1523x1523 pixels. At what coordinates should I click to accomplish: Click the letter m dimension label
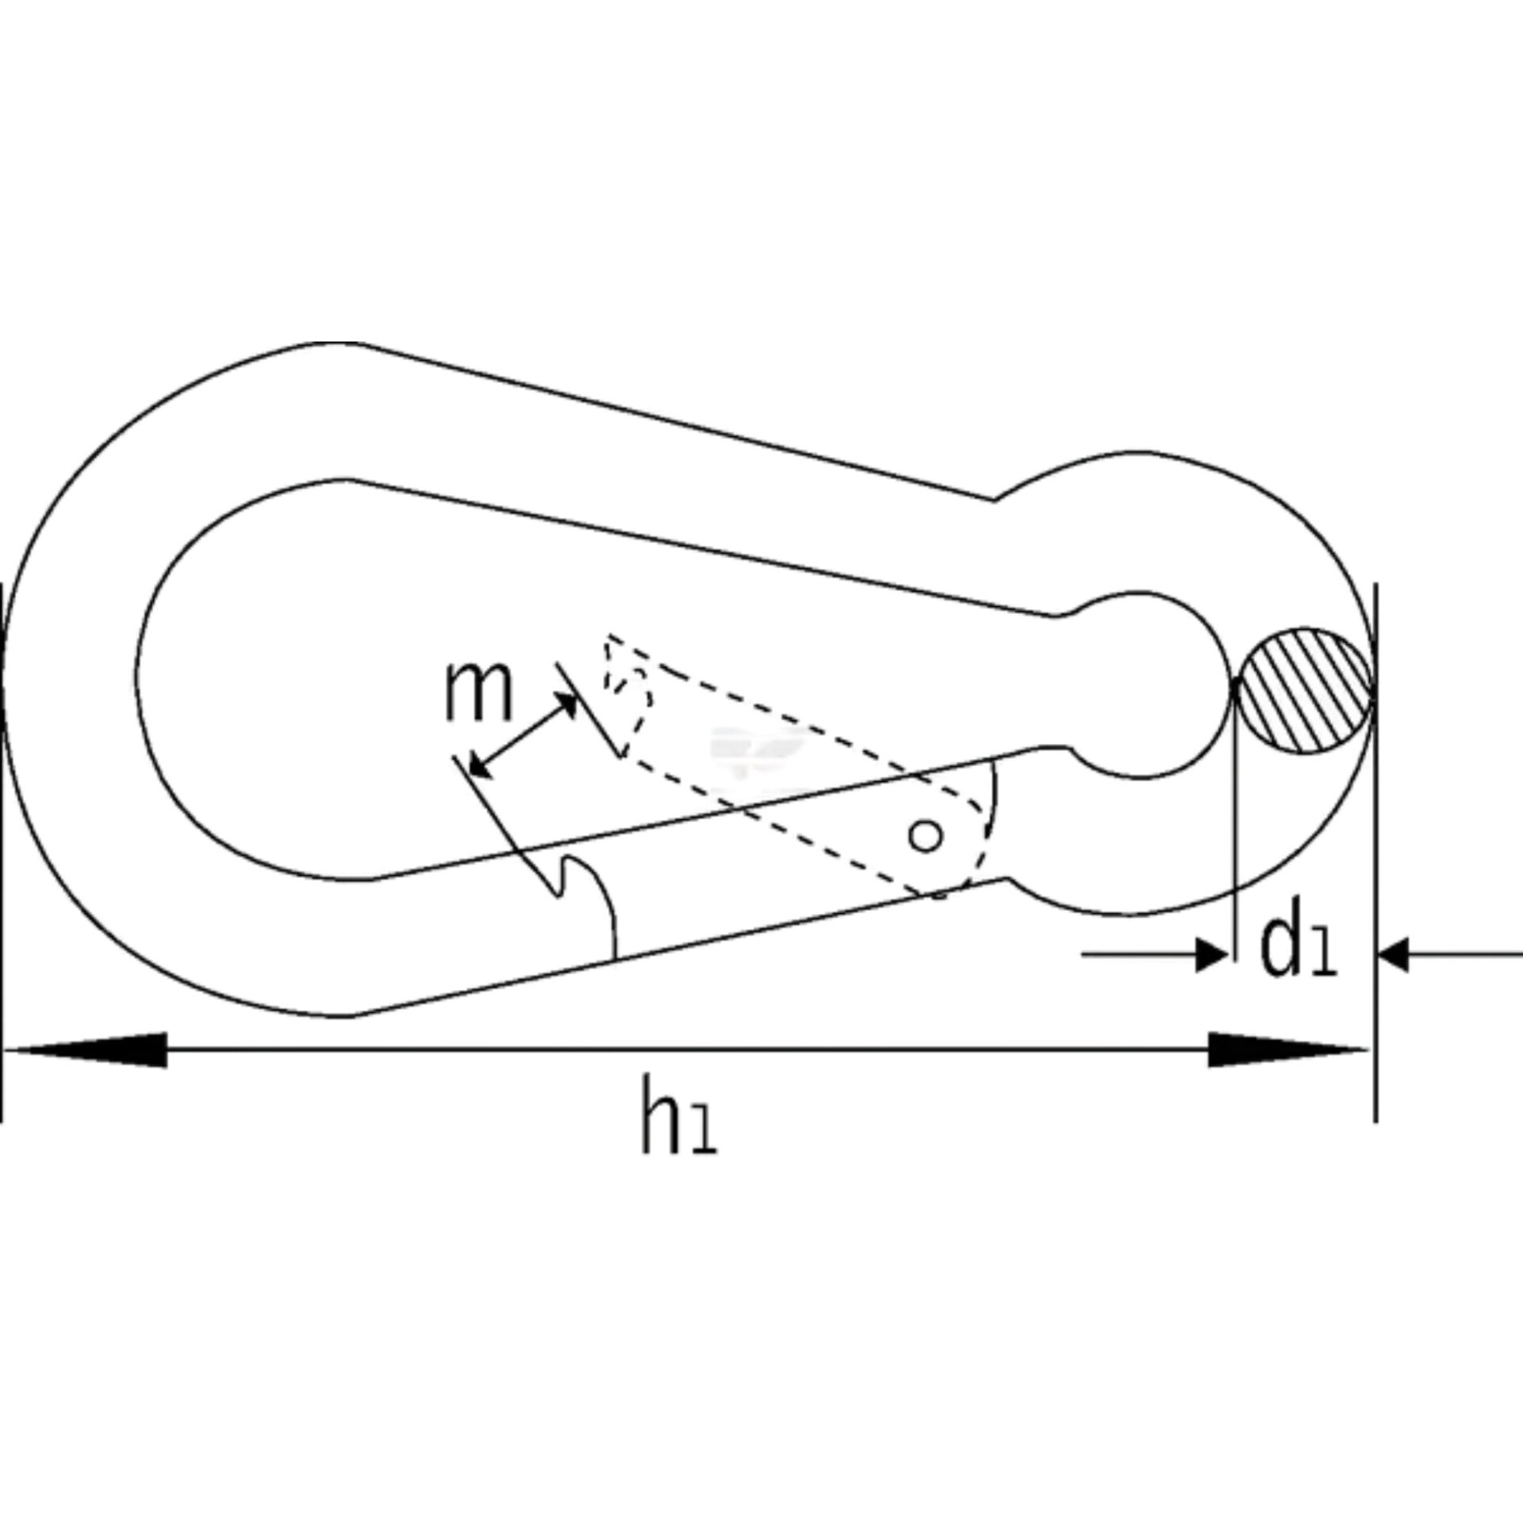tap(478, 692)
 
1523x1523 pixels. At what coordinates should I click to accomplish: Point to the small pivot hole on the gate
tap(926, 835)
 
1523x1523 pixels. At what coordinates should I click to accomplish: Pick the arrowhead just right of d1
tap(1393, 955)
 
